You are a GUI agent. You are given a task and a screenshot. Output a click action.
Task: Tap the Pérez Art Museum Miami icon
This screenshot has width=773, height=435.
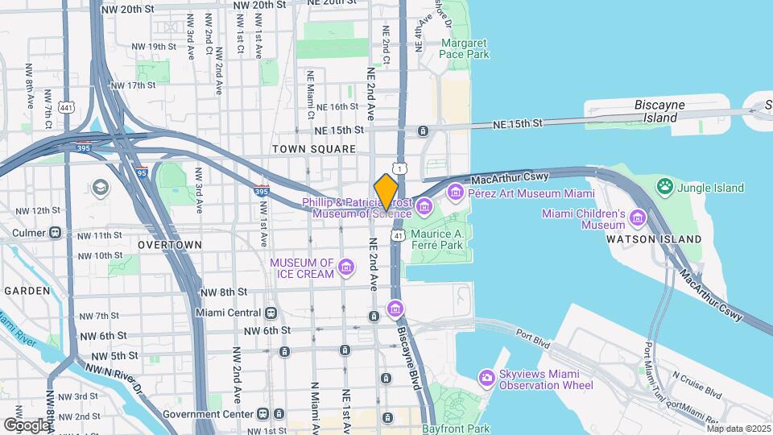coord(457,192)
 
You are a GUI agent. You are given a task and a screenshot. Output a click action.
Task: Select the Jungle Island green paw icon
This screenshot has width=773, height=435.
coord(665,188)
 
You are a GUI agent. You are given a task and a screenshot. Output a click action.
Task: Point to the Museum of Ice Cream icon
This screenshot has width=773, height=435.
coord(346,267)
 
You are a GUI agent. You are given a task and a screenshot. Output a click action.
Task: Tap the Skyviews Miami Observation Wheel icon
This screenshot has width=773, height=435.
coord(486,377)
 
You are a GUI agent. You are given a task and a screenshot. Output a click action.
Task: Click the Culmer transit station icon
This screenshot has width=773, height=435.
coord(56,234)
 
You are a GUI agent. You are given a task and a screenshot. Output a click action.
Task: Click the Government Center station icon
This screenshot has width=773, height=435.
coord(263,414)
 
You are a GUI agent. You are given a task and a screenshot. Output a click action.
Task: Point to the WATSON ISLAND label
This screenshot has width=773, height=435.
coord(653,239)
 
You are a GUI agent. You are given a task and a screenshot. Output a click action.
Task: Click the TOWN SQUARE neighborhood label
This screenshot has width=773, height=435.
coord(313,149)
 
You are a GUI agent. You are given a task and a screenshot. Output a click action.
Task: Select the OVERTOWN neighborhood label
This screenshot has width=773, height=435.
coord(169,244)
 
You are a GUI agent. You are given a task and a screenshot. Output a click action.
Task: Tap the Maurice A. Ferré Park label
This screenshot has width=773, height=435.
coord(437,241)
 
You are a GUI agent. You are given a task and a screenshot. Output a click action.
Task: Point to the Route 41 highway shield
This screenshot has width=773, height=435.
coord(398,235)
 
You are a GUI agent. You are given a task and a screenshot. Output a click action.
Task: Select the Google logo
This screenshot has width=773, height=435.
coord(27,425)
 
